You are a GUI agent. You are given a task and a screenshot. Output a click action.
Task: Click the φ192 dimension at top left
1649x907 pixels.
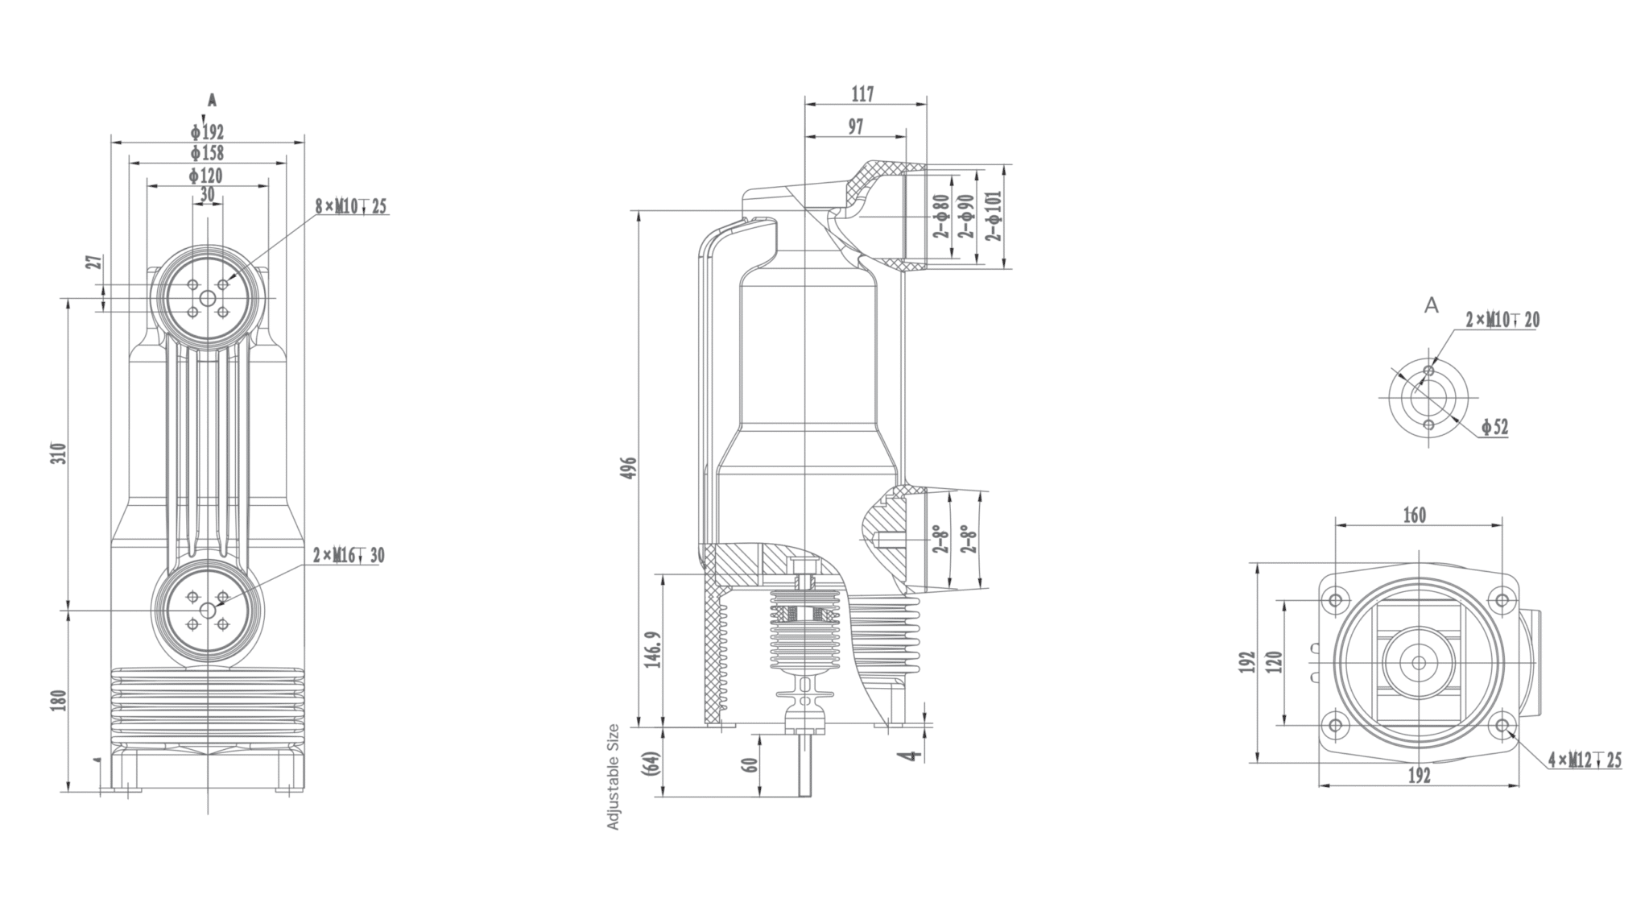[x=207, y=132]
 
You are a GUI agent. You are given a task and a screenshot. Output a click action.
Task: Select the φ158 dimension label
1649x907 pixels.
[x=207, y=153]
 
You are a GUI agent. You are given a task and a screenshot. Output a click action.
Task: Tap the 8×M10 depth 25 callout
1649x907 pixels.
[x=350, y=207]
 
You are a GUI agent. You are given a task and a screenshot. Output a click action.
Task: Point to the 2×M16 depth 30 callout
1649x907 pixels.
[x=349, y=556]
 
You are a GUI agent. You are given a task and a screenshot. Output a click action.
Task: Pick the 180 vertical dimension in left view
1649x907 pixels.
[x=57, y=700]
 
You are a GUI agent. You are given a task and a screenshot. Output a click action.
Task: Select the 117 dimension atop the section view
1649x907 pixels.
[x=862, y=94]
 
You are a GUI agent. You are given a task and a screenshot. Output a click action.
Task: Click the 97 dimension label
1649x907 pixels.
[x=855, y=126]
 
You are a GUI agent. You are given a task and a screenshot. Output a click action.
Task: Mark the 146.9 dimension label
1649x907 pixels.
[x=653, y=649]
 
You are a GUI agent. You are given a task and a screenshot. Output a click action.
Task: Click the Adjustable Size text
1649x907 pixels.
[x=614, y=777]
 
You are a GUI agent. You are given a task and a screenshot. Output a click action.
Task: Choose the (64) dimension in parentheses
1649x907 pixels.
[x=652, y=762]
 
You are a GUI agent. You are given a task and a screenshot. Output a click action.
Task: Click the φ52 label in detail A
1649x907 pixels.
[x=1494, y=428]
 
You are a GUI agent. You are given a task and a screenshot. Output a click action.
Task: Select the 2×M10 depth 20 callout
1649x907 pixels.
[x=1502, y=321]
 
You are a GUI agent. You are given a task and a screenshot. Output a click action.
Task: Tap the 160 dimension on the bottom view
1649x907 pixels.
[x=1415, y=515]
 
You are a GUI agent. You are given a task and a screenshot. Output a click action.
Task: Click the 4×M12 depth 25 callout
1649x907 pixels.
[x=1585, y=760]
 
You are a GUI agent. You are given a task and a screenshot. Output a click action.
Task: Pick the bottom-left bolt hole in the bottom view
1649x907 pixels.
[x=1336, y=726]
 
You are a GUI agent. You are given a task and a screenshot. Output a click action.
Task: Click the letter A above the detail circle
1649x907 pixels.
[x=1431, y=305]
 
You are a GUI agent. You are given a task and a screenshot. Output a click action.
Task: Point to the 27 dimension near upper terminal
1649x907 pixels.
[x=94, y=263]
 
